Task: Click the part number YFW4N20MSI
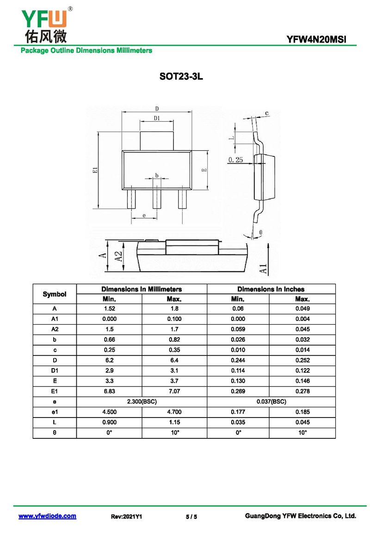click(316, 40)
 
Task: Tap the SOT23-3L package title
click(181, 76)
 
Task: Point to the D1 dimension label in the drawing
click(157, 118)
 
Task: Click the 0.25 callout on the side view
click(235, 160)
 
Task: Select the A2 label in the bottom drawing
click(118, 257)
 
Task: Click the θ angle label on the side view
click(261, 232)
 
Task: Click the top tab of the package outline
click(157, 141)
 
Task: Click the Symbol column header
click(55, 294)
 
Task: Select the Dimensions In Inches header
click(271, 289)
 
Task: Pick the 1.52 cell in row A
click(110, 309)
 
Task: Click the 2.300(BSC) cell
click(142, 401)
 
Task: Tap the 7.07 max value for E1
click(174, 391)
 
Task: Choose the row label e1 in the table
click(55, 412)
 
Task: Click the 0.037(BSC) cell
click(271, 401)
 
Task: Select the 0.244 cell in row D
click(238, 360)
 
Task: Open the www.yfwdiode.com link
click(48, 516)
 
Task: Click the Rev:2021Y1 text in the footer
click(126, 517)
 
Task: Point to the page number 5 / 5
click(191, 517)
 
